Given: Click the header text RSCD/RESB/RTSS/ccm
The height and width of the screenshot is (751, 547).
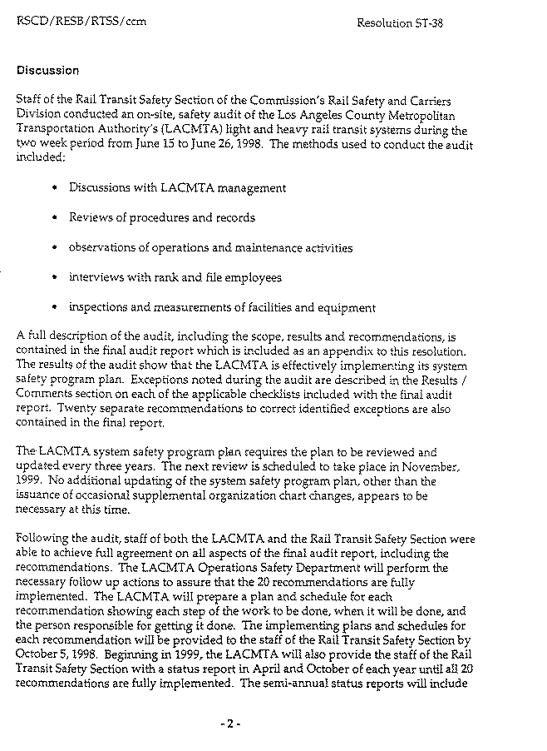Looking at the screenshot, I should [81, 21].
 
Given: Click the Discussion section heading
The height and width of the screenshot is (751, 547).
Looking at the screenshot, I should [47, 71].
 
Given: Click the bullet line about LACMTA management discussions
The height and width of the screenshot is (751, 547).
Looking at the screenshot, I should [177, 188].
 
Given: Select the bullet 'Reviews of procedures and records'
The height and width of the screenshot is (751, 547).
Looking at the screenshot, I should [161, 218].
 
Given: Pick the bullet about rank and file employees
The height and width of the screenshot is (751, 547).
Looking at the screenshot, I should [175, 278].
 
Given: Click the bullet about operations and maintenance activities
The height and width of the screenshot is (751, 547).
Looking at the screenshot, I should [210, 248].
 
